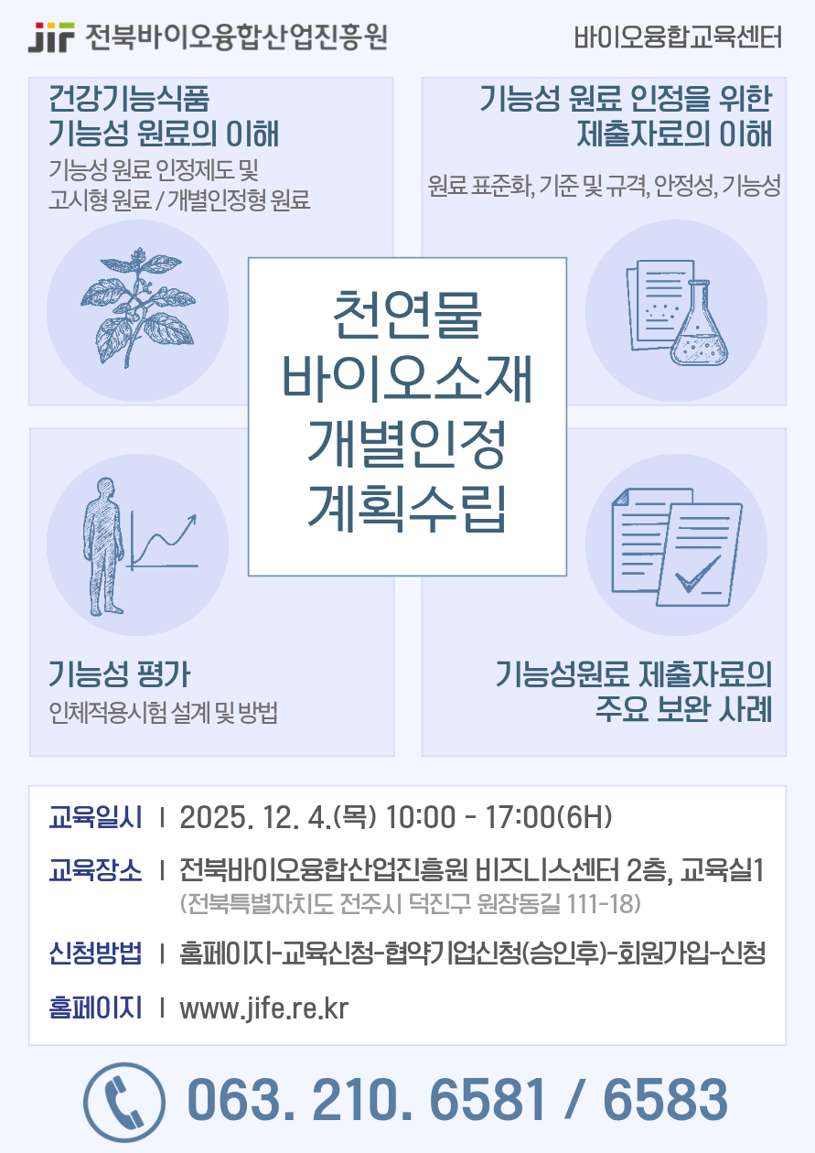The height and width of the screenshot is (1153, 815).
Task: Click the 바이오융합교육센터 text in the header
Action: click(678, 38)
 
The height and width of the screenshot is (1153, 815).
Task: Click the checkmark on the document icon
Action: click(697, 576)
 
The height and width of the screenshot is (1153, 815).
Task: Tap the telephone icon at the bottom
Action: click(125, 1100)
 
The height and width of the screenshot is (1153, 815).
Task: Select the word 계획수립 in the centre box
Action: click(407, 509)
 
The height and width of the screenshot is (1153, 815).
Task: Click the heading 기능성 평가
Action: click(120, 675)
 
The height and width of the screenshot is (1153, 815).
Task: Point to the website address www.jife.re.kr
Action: click(264, 1008)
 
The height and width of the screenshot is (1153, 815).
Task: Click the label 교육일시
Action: click(96, 817)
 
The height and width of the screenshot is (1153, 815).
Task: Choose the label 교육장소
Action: click(96, 870)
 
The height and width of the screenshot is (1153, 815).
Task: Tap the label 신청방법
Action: click(96, 954)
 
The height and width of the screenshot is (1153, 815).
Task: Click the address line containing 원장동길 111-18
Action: click(411, 905)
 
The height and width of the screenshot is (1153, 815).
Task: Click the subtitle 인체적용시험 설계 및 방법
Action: click(165, 714)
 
